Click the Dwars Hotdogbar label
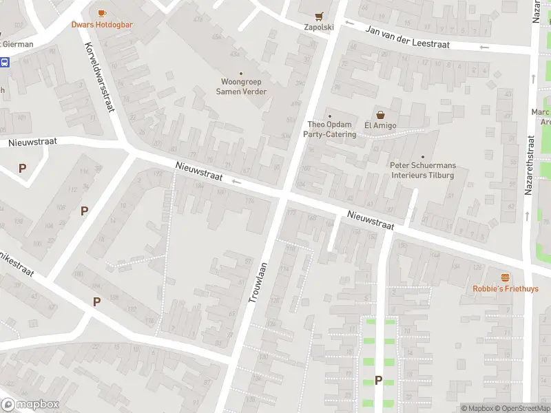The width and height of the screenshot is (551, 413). tap(102, 25)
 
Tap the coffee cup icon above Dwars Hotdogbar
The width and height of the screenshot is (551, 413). tap(102, 13)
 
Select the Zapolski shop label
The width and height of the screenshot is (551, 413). tap(319, 28)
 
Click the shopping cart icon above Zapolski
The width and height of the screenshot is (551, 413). tap(319, 16)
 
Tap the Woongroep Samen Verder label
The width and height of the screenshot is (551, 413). tap(241, 87)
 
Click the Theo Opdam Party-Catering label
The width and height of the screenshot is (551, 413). tap(330, 129)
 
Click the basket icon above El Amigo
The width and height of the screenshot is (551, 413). tap(379, 114)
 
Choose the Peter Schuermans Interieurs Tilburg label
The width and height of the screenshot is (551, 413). tap(422, 170)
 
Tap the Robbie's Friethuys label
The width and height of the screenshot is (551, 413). tap(506, 289)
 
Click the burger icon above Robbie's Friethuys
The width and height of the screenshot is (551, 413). tap(506, 277)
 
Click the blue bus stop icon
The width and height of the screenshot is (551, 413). tap(5, 62)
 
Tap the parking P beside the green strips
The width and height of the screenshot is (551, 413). tap(378, 380)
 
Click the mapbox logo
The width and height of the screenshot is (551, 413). tap(30, 405)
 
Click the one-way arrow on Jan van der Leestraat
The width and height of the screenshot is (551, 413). tap(484, 47)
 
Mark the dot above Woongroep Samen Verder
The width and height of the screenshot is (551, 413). tap(241, 74)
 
